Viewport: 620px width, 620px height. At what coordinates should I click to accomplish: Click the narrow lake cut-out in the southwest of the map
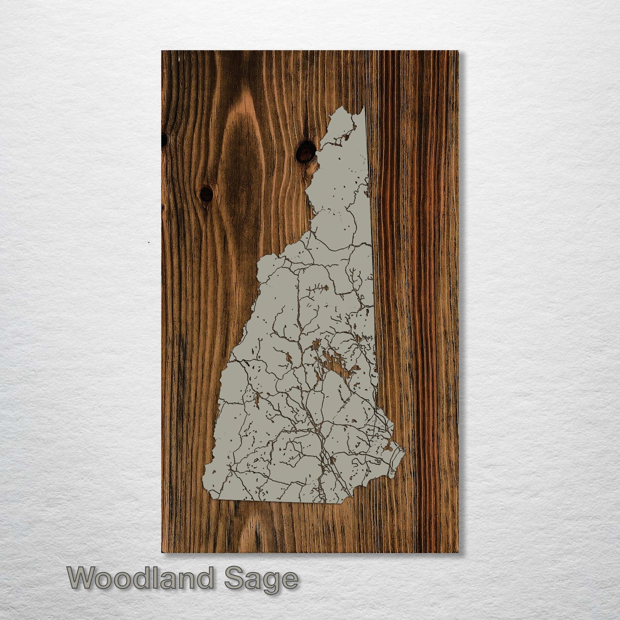257,399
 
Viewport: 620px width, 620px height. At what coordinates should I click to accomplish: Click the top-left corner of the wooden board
162,51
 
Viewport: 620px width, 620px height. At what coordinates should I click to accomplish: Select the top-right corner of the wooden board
458,51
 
